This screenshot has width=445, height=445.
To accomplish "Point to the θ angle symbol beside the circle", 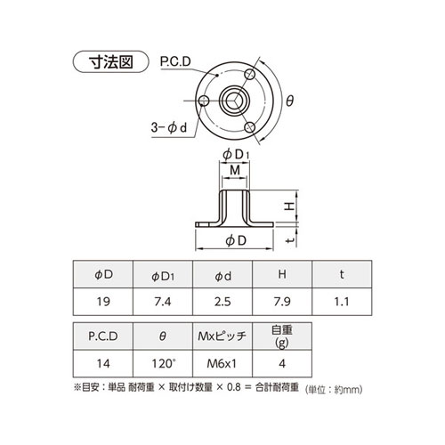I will click(x=289, y=101).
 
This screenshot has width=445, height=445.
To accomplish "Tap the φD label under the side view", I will click(x=236, y=241).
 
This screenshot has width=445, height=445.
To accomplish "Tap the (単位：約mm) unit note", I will click(x=337, y=390).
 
